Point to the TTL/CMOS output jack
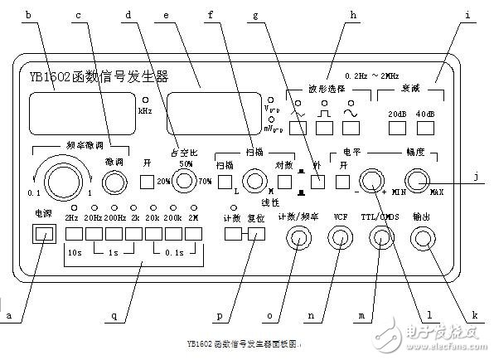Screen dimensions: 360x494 (x=380, y=239)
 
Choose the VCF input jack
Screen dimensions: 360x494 (x=338, y=239)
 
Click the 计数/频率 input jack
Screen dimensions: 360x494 (x=296, y=239)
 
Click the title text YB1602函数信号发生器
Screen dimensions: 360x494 (x=93, y=76)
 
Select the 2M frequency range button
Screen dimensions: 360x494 (x=195, y=235)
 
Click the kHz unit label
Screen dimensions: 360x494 (x=145, y=109)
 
